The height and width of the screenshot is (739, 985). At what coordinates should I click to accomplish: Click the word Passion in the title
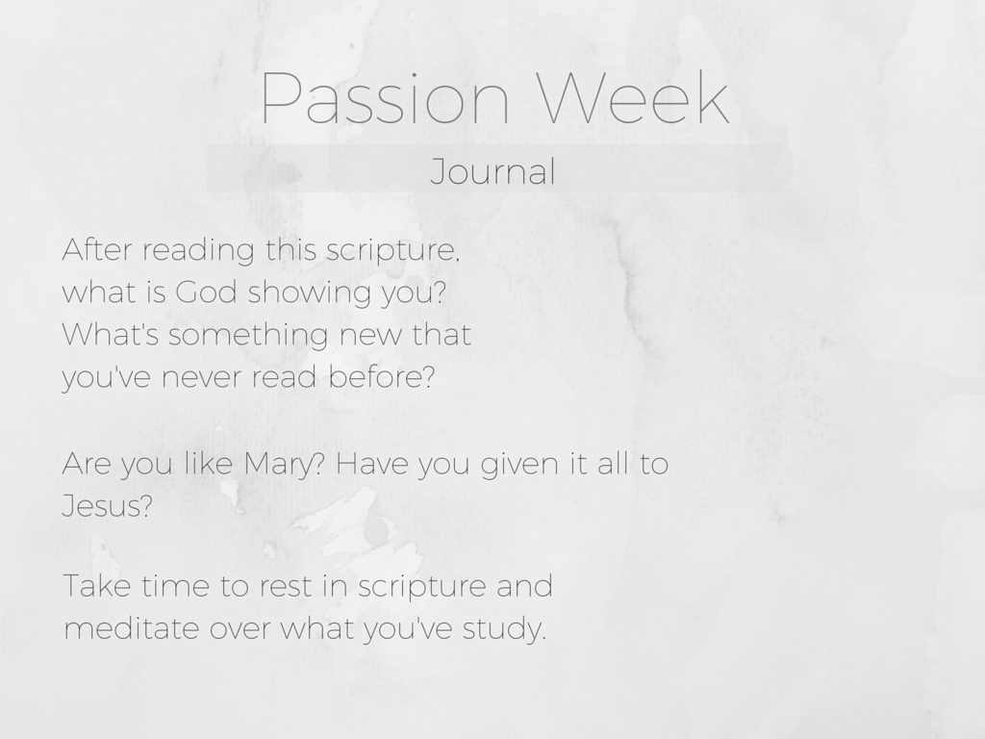point(385,98)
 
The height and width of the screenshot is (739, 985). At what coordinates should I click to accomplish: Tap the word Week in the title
point(635,97)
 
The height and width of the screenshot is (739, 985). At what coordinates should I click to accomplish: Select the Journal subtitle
point(493,171)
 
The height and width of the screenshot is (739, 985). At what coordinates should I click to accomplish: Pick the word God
point(206,293)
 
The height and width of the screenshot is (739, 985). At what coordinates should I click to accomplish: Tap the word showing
point(310,294)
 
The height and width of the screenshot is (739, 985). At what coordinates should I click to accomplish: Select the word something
point(248,337)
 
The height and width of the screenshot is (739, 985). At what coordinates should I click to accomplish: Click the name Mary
point(284,466)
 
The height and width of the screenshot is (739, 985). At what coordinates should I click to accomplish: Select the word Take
point(97,586)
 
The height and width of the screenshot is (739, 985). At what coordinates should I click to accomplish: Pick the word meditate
point(132,627)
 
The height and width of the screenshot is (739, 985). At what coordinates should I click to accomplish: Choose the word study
point(504,630)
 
